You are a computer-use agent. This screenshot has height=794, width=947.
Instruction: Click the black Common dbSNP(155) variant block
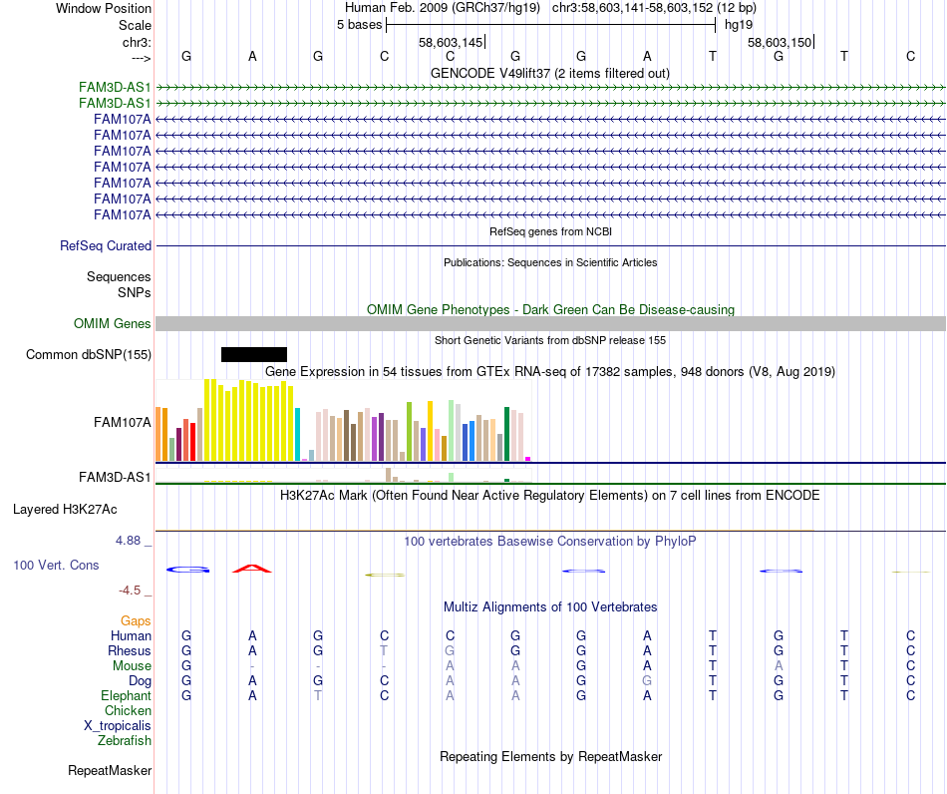pos(253,354)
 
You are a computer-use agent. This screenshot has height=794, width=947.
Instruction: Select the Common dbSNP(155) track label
pos(89,354)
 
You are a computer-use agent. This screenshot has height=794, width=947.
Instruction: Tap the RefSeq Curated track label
pos(106,245)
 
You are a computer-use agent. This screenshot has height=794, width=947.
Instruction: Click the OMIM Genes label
pos(113,323)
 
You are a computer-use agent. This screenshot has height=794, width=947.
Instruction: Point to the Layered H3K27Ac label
pos(65,509)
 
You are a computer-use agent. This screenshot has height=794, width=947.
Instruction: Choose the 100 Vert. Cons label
pos(56,565)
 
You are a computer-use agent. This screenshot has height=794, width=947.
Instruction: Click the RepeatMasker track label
pos(110,770)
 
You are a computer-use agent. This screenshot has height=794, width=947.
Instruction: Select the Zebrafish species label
pos(125,740)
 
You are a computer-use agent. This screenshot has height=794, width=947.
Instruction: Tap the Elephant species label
pos(126,695)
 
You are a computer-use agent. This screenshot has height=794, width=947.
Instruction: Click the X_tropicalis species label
pos(118,725)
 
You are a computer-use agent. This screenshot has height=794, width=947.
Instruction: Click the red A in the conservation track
pos(252,569)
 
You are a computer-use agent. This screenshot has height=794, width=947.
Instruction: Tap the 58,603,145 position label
pos(451,42)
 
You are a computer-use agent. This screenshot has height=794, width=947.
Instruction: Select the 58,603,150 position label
pos(780,42)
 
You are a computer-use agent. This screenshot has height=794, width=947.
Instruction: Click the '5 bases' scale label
pos(359,24)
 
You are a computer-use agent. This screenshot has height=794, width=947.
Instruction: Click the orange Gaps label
pos(136,620)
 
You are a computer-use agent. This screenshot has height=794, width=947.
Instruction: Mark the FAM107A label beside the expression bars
pos(122,422)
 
